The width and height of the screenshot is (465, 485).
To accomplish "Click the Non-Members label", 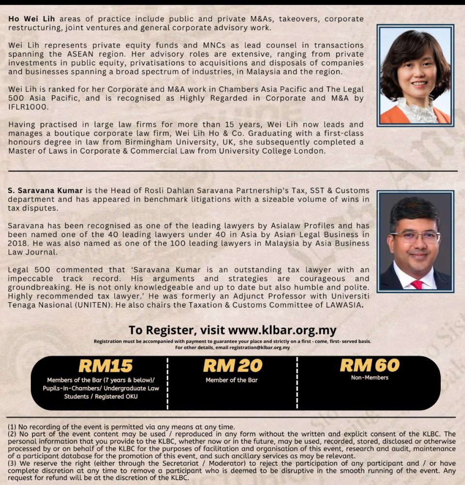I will (x=370, y=377).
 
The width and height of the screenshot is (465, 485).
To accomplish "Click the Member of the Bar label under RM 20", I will (x=232, y=380).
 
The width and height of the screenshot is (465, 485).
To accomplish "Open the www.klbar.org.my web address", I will (x=282, y=330).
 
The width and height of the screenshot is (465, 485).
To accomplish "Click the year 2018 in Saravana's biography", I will (x=19, y=243).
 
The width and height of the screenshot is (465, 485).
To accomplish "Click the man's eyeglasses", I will (x=415, y=237).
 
